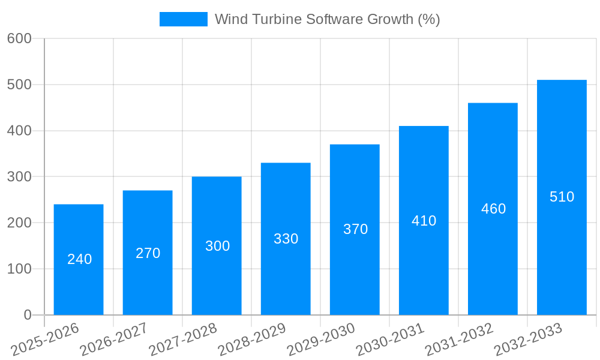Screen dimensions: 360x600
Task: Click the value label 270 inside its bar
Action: coord(148,253)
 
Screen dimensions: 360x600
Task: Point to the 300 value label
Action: coord(217,246)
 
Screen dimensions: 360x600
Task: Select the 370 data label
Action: coord(355,229)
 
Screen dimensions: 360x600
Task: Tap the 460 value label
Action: coord(493,209)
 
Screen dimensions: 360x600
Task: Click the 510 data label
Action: coord(562,197)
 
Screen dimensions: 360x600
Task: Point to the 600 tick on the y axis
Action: coord(19,38)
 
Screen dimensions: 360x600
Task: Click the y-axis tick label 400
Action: coord(19,131)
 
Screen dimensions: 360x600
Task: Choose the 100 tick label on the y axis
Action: coord(19,269)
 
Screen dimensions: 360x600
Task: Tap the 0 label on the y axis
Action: coord(27,315)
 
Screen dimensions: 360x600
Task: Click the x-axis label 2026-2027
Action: coord(114,339)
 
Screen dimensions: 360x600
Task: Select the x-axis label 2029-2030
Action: coord(321,339)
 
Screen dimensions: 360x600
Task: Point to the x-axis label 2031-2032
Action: coord(459,339)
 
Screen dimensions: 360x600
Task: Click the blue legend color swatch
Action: coord(183,19)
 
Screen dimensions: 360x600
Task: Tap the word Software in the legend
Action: coord(329,19)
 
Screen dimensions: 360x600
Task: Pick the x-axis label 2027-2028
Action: coord(183,339)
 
